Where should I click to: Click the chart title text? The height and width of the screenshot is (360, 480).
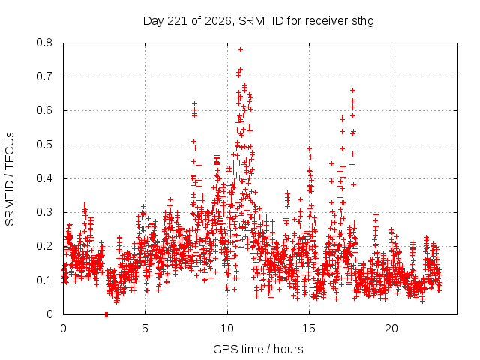point(259,21)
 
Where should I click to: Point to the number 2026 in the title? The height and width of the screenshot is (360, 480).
point(218,21)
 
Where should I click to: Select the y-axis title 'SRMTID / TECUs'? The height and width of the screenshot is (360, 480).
point(10,179)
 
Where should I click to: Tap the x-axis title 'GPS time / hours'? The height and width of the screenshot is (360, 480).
point(258,349)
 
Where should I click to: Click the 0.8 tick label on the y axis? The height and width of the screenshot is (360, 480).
point(44,43)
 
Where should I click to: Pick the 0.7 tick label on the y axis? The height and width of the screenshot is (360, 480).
point(44,76)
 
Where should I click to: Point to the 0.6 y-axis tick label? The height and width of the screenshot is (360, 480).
point(44,110)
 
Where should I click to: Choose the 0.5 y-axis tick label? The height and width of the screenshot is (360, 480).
point(44,145)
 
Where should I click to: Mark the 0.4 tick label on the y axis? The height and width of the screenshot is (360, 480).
point(44,178)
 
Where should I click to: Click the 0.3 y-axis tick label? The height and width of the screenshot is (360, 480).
point(44,212)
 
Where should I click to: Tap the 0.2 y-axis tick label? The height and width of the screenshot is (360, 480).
point(44,247)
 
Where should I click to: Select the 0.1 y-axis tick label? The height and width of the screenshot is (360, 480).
point(44,280)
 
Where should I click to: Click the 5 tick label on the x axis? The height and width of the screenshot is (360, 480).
point(145,328)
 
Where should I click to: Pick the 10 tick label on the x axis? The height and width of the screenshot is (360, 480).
point(227,328)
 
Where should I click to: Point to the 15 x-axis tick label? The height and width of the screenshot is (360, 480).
point(309,328)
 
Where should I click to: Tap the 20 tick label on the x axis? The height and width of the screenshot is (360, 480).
point(391,328)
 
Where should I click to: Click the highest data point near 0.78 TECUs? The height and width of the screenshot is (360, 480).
point(240,50)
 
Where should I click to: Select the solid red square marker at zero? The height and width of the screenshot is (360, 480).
point(106,314)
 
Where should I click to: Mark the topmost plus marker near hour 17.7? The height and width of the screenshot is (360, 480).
point(353,90)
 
